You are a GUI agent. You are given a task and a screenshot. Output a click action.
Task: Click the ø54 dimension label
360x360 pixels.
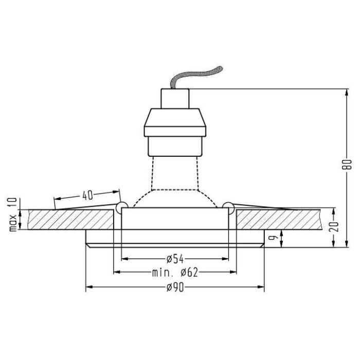pyautogui.click(x=175, y=259)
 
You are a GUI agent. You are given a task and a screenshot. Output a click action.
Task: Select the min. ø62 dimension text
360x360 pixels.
pyautogui.click(x=175, y=273)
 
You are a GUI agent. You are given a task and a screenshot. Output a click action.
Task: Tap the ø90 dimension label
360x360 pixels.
pyautogui.click(x=175, y=287)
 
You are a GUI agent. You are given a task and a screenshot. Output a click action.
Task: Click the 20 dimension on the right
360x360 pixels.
pyautogui.click(x=334, y=227)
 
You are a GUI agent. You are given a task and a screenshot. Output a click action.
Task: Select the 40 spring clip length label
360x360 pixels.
pyautogui.click(x=87, y=195)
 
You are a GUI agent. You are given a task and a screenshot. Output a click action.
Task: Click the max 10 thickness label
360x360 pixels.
pyautogui.click(x=13, y=214)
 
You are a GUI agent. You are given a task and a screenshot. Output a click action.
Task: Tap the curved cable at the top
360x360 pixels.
pyautogui.click(x=195, y=75)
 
